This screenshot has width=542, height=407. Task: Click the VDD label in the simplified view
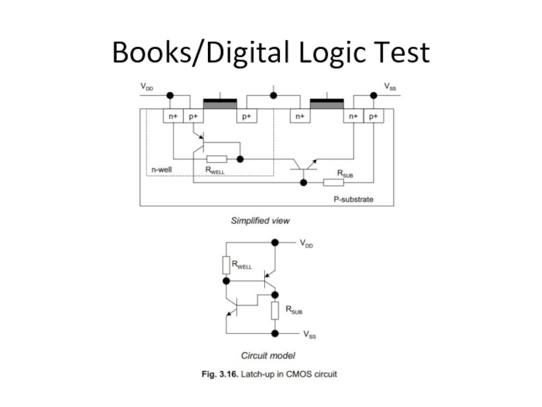coord(147,87)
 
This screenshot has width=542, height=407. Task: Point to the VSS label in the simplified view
coord(390,87)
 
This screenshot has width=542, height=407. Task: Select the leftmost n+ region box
coord(173,117)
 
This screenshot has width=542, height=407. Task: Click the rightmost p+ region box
coord(374,117)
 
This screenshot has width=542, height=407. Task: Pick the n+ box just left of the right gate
coord(299,117)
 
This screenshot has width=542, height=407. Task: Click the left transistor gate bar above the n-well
coord(220,103)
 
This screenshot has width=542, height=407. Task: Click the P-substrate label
coord(353,199)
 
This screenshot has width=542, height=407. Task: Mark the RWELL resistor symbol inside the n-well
coord(216,159)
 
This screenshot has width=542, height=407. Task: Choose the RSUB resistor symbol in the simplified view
coord(333,182)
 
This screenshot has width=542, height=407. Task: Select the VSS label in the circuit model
coord(309,334)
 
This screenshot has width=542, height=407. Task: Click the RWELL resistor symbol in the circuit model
coord(226,265)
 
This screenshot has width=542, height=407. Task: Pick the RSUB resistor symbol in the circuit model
coord(274,311)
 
